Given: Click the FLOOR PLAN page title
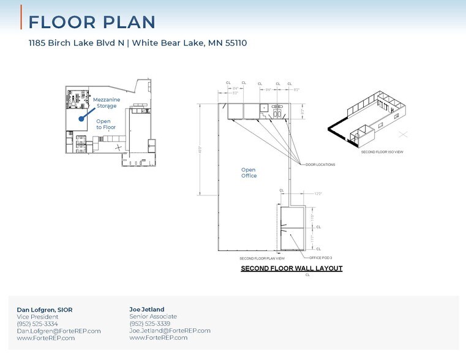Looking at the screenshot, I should [92, 22].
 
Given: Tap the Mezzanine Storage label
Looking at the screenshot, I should [107, 103].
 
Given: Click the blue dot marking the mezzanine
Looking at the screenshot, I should [80, 120].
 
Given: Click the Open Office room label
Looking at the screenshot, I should [249, 173].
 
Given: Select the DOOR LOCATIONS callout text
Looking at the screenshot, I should [320, 165].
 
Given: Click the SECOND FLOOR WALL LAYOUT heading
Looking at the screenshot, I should [291, 268].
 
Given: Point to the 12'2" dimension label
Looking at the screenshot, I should [318, 193].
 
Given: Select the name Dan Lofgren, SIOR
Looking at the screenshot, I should [44, 310].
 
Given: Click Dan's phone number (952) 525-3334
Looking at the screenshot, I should [37, 324].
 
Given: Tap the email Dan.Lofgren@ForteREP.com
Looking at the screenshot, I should [59, 331].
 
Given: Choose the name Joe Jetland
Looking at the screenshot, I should [148, 309].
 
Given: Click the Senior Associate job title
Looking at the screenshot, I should [153, 317].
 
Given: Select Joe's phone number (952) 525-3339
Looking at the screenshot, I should [150, 323].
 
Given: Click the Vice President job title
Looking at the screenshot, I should [37, 317].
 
